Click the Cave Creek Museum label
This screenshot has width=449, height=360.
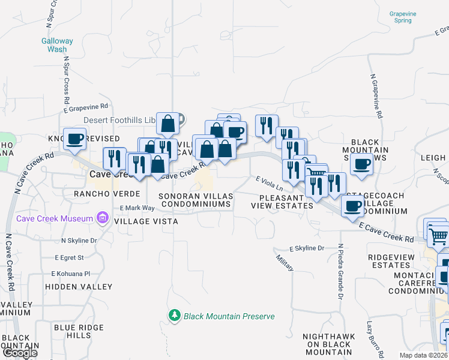55,218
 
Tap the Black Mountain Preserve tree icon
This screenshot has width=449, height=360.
175,315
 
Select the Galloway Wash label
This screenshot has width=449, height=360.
57,45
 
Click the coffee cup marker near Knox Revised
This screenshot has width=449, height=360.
75,139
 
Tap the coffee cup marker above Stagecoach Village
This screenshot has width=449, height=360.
352,206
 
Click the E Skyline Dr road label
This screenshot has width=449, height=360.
307,248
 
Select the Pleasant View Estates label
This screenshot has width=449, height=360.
286,201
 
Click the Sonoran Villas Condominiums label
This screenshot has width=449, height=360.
195,200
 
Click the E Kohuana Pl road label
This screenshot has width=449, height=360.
70,274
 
